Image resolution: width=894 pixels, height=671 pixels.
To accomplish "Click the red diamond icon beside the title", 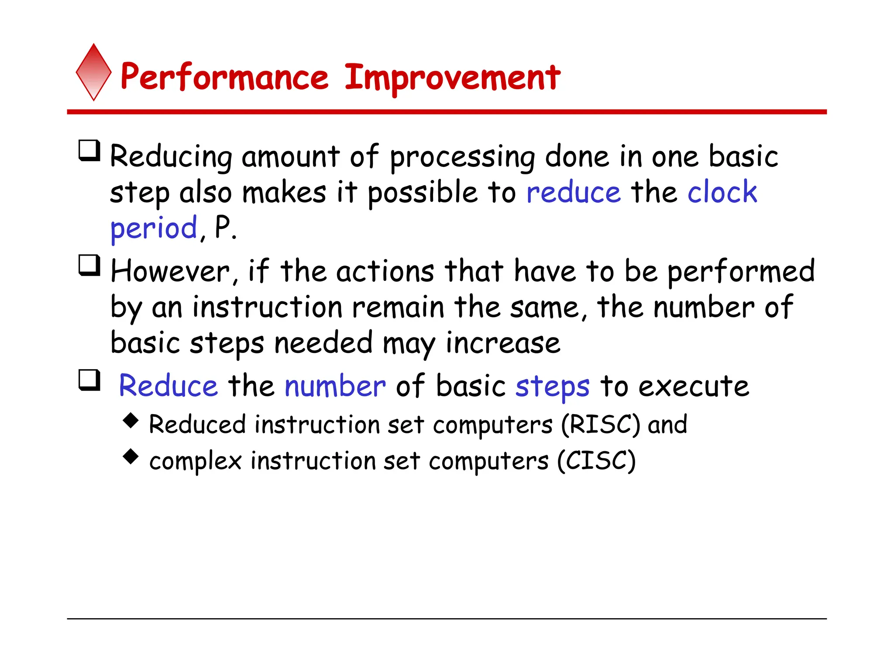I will click(93, 73).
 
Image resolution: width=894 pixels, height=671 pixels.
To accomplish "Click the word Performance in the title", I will click(224, 78).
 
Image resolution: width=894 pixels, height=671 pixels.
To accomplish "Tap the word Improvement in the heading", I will click(452, 78).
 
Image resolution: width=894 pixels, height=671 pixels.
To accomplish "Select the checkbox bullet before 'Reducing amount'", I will click(89, 151).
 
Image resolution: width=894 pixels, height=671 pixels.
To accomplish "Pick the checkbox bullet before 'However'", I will click(89, 266).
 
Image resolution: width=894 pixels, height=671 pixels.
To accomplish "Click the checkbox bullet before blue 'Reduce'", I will click(89, 380).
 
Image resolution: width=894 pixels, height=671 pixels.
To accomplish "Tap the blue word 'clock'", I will click(722, 192).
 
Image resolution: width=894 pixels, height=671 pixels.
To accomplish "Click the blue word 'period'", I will click(154, 229).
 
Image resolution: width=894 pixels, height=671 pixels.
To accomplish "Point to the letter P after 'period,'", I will click(223, 227).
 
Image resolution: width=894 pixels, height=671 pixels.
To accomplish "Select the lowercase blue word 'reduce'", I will click(573, 193).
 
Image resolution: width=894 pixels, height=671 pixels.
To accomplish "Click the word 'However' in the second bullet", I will click(170, 272).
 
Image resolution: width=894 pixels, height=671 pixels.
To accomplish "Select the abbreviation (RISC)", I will click(601, 425).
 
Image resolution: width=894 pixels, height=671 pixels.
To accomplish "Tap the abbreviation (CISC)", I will click(596, 461).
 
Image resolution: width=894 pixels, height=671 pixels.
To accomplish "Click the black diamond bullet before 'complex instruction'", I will click(131, 457).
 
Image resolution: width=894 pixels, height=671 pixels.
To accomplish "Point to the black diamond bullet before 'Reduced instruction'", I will click(131, 421).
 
